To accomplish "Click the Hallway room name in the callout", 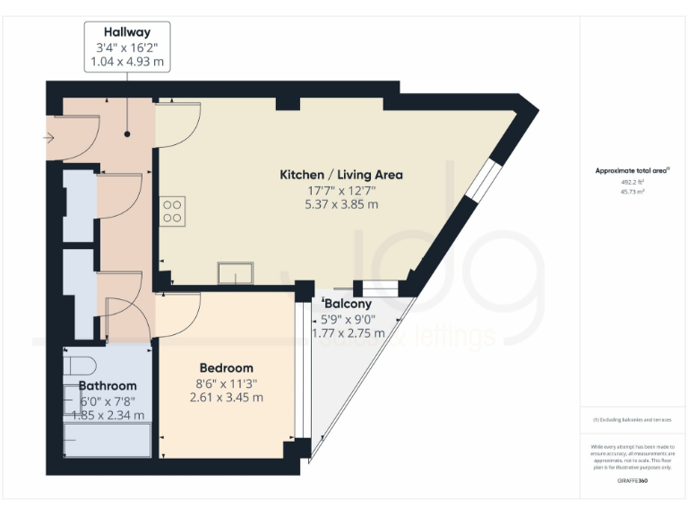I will pos(126,32).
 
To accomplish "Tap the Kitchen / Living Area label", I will pos(341,175).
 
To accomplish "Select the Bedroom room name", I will pos(226,367).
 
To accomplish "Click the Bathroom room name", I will pos(107,385).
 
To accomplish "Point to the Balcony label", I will pos(348,304).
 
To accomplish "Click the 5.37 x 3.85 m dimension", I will pos(341,204).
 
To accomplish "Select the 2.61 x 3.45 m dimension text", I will pos(226,397).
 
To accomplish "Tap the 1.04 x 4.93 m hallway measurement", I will pos(126,62).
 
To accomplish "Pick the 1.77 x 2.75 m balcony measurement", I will pos(348,333).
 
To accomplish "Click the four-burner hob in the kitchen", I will pos(172,211).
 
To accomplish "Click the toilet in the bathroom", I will pos(79,365).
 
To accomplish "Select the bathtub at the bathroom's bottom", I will pos(107,439).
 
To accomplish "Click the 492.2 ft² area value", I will pos(632,182).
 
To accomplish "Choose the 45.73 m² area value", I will pos(632,192).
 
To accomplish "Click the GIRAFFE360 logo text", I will pos(632,481).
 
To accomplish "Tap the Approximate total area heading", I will pos(632,170).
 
